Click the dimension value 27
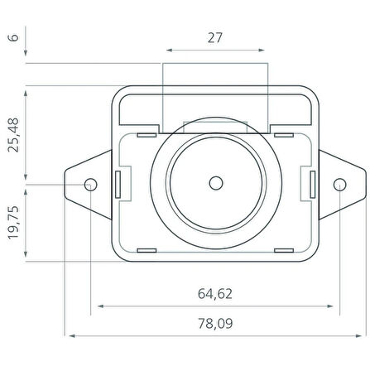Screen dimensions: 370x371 215,38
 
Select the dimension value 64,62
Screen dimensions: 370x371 215,294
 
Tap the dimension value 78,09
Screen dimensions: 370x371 215,323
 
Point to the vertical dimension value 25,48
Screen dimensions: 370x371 13,135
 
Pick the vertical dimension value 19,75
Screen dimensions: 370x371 13,223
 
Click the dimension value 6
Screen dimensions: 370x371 13,37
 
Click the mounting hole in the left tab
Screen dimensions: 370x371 90,185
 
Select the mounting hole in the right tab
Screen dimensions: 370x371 339,185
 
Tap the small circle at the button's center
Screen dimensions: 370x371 216,183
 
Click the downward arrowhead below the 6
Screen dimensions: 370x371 26,53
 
